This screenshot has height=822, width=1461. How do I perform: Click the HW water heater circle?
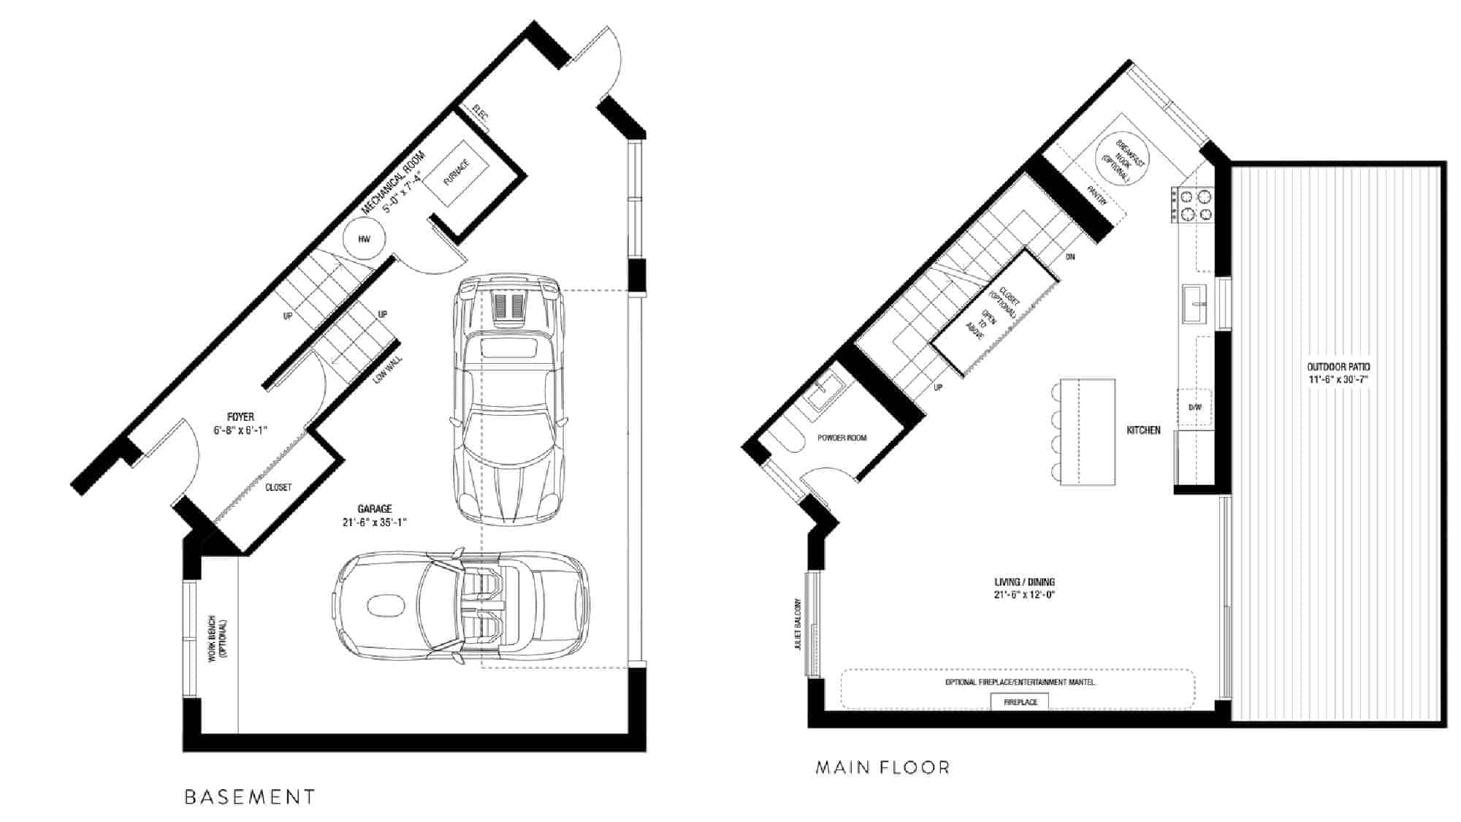coord(364,239)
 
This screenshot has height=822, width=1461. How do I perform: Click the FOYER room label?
coord(240,417)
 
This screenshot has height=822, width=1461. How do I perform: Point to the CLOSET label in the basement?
coord(278,487)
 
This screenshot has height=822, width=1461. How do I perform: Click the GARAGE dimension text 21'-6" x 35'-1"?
coord(375,522)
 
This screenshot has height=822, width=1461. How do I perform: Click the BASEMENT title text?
coord(250,796)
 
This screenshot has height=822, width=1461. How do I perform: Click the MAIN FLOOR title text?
coord(882,767)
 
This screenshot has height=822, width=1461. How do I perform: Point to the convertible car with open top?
coord(460,606)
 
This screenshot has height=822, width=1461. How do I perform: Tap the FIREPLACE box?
coord(1020,701)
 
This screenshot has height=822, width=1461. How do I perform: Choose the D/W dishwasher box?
coord(1194,407)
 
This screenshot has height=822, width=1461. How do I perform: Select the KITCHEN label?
coord(1143,430)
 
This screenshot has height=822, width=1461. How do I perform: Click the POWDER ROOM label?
coord(842,438)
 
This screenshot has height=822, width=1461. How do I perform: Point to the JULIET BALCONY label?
coord(798,625)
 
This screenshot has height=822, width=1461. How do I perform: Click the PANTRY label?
coord(1098,195)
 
